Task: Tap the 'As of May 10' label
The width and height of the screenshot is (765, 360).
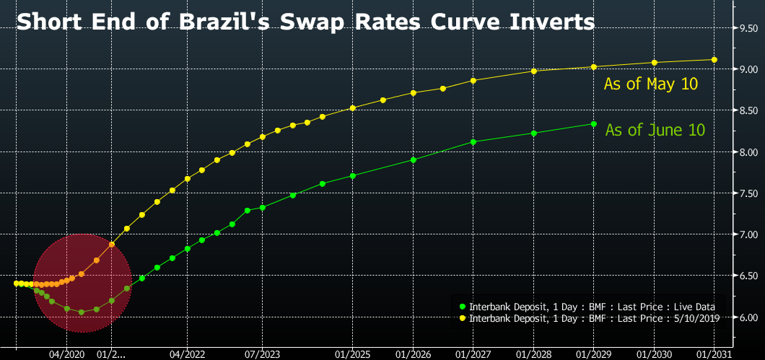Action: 651,84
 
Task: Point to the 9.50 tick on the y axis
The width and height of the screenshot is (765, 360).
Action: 746,28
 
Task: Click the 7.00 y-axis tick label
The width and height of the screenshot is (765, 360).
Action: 746,235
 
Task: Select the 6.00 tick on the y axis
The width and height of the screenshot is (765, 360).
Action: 746,317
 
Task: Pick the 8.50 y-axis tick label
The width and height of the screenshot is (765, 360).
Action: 746,110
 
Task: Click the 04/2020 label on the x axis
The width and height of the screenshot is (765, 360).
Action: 66,354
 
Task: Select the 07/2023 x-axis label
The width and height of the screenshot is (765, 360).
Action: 262,354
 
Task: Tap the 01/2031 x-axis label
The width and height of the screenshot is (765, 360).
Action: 714,354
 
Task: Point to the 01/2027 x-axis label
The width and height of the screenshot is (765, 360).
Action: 473,354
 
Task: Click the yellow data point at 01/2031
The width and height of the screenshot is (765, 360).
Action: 714,60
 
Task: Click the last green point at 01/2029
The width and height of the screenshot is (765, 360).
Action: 593,124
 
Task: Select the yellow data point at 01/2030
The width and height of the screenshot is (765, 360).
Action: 654,63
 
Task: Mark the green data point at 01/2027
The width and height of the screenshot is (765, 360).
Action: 473,142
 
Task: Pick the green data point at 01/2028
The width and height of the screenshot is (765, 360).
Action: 533,133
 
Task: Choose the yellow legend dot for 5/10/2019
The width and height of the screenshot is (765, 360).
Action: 462,317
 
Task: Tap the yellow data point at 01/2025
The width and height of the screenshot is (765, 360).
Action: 352,108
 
